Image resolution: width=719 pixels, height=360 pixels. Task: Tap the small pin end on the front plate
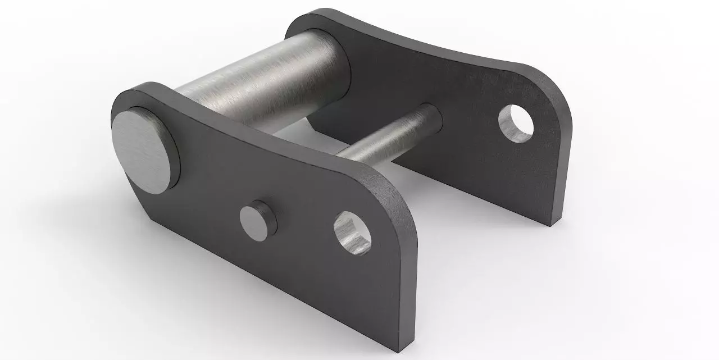coord(258,219)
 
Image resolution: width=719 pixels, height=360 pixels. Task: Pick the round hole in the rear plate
coord(516,123)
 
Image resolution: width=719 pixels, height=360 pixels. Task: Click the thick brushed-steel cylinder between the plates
coord(264,79)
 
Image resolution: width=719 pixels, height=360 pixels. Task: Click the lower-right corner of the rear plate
coord(553,224)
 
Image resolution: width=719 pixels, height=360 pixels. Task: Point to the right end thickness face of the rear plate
coord(563,168)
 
